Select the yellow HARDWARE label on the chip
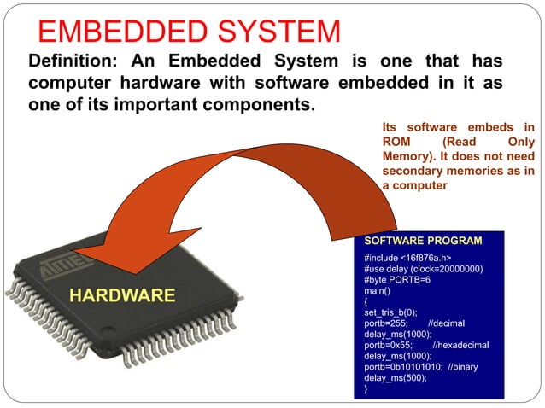[x=122, y=296]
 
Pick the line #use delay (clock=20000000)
[x=423, y=269]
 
